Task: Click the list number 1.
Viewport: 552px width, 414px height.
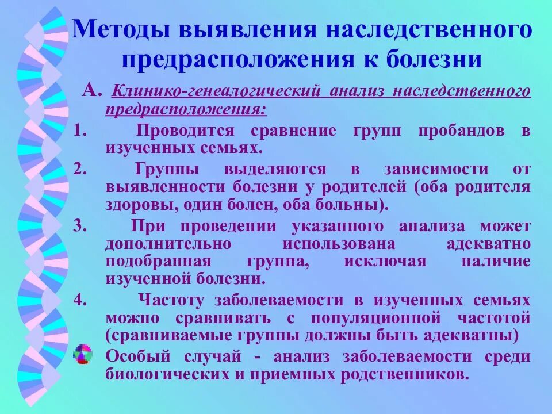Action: click(80, 130)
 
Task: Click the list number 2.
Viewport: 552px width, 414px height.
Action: click(80, 169)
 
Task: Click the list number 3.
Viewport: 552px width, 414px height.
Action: click(80, 225)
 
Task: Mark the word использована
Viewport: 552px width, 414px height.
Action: click(339, 243)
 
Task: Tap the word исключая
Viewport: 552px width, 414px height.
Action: click(385, 261)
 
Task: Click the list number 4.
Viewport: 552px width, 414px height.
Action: click(80, 300)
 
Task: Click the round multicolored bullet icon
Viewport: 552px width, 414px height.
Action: click(83, 355)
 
